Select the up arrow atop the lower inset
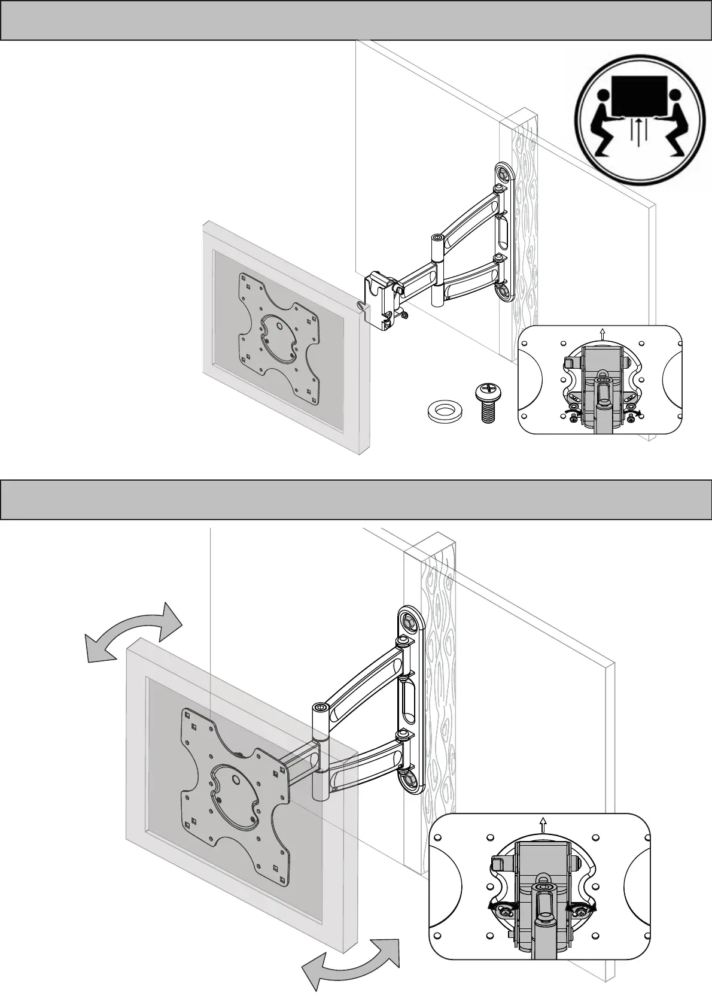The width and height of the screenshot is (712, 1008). point(543,825)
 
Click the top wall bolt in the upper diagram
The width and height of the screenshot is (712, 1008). point(504,173)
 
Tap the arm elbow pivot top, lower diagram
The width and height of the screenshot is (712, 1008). point(321,709)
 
